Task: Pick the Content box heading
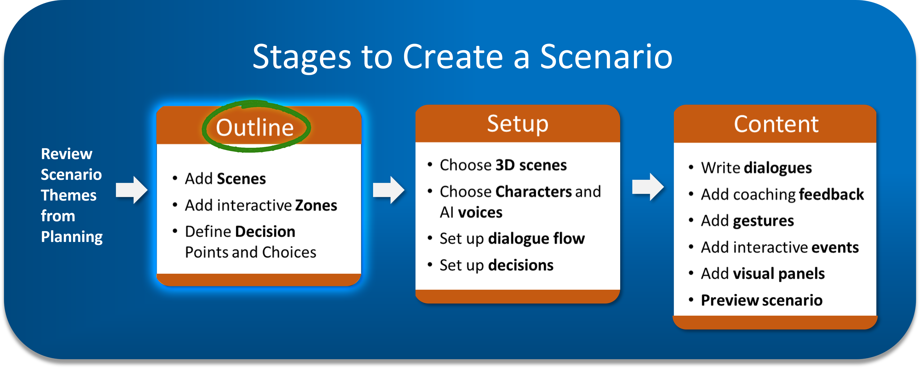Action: (x=776, y=124)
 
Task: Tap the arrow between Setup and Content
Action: (x=648, y=187)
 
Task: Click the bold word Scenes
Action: (x=241, y=179)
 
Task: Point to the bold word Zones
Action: (x=316, y=205)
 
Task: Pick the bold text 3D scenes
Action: (x=531, y=165)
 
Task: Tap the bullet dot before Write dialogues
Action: (x=691, y=167)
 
